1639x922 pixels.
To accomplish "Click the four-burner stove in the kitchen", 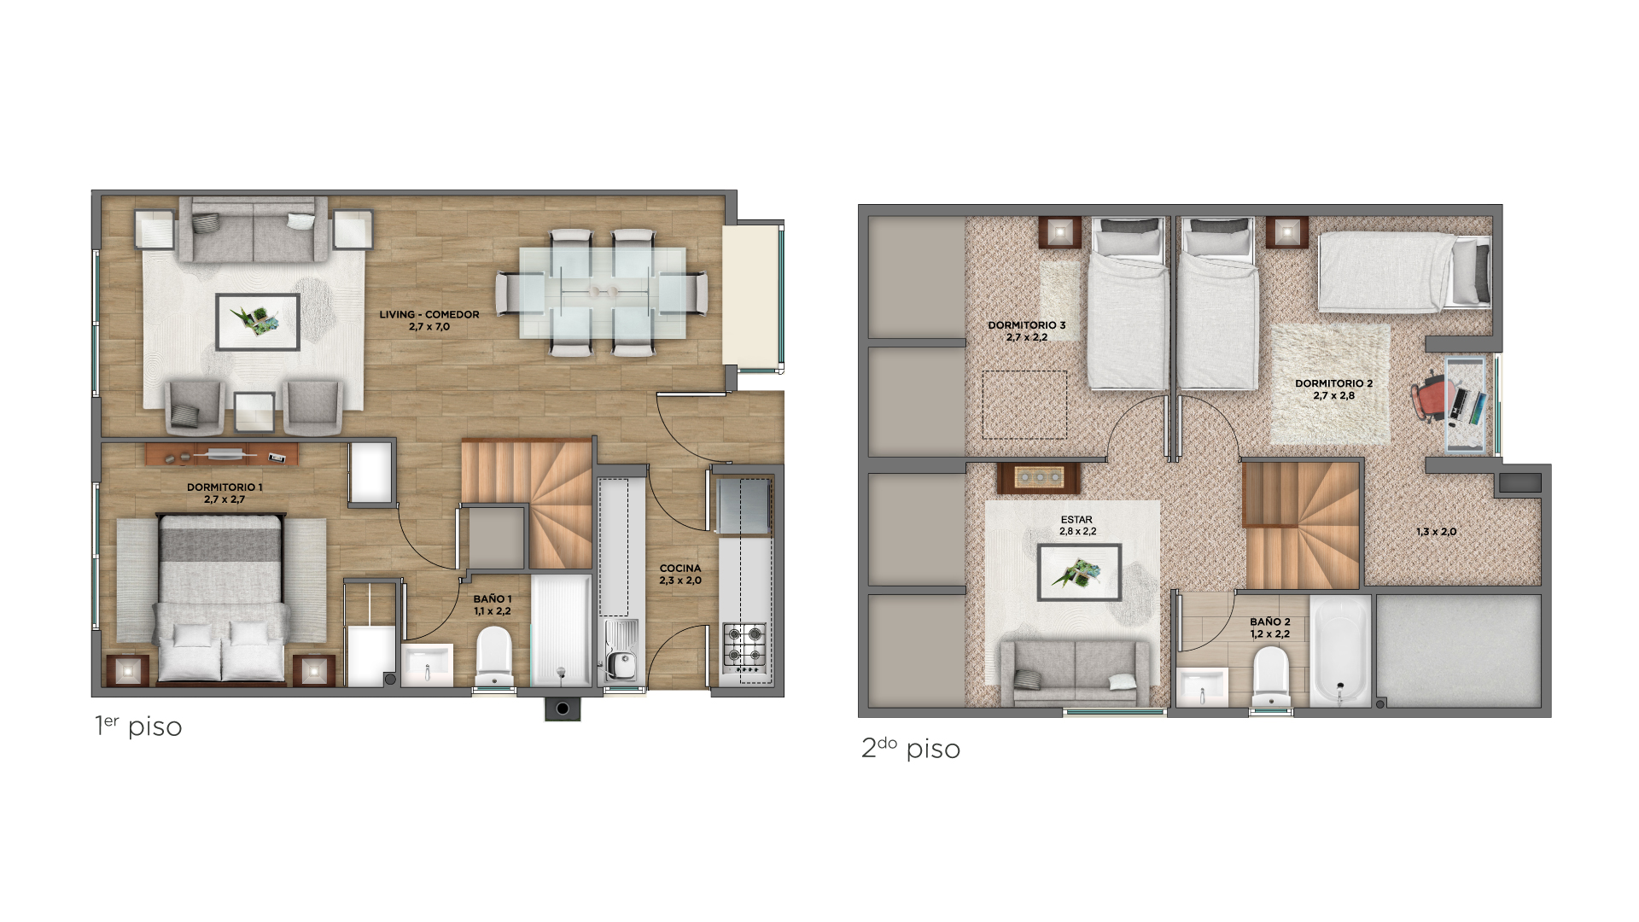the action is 745,645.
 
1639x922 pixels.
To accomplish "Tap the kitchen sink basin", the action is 621,663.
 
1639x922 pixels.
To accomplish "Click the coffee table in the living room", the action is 258,322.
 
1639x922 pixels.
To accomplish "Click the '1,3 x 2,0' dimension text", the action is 1437,532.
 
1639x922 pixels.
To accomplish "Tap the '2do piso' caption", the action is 911,748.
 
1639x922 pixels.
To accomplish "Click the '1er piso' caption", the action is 138,726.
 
